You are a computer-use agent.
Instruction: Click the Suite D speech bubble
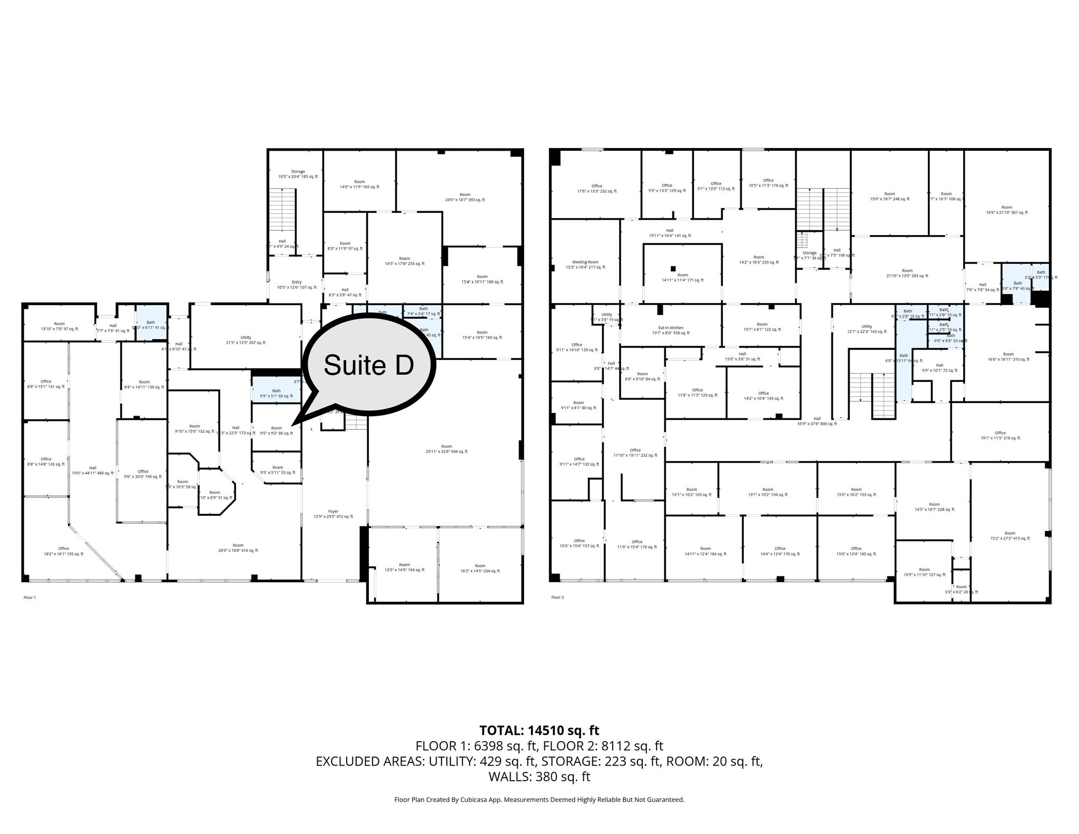[x=369, y=365]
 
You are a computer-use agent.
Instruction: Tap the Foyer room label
[x=333, y=514]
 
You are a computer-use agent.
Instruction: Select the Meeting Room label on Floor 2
[x=585, y=264]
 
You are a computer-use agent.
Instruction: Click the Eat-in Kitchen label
[x=671, y=330]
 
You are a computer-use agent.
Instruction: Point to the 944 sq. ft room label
[x=446, y=448]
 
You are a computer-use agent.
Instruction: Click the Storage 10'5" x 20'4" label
[x=298, y=174]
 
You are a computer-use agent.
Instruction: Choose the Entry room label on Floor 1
[x=297, y=284]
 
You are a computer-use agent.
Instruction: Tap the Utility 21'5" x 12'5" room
[x=246, y=340]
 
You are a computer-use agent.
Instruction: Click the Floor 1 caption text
[x=30, y=597]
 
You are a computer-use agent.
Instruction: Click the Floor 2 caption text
[x=557, y=597]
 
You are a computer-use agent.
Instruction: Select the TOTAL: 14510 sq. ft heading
[x=539, y=730]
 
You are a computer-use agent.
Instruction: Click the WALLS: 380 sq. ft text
[x=539, y=776]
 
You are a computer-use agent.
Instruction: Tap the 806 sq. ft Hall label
[x=817, y=420]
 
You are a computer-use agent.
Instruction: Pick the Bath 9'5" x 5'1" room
[x=276, y=393]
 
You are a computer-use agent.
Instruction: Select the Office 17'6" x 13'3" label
[x=596, y=189]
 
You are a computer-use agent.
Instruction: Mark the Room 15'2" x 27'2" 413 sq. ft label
[x=1009, y=535]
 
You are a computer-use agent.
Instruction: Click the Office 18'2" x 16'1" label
[x=63, y=551]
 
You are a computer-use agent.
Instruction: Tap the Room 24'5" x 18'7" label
[x=464, y=197]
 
